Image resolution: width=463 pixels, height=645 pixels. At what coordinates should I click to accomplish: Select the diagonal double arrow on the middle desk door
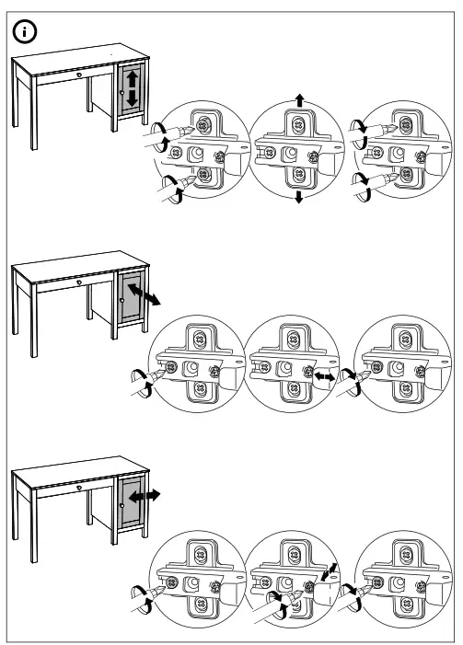coord(140,294)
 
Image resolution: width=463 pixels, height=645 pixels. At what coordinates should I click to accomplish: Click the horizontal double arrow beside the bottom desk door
coord(144,496)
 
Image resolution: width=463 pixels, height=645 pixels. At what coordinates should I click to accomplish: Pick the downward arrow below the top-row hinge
coord(297,199)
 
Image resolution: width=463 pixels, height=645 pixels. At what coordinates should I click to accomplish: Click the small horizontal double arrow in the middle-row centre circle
coord(324,377)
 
